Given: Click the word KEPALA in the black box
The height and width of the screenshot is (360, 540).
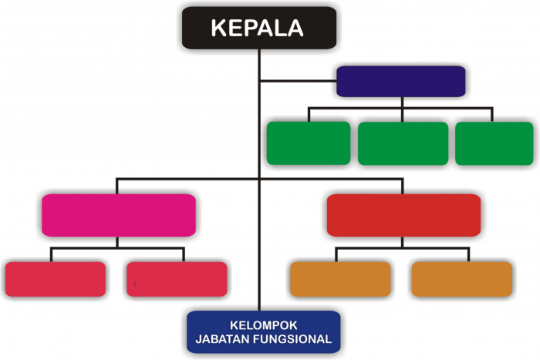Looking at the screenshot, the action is [257, 28].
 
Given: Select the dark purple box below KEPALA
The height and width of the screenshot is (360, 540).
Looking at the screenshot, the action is [401, 81].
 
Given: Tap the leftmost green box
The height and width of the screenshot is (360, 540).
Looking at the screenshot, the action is [309, 143].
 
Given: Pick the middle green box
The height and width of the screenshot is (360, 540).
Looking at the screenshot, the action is [403, 143].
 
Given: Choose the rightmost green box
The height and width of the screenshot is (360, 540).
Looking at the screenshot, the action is [494, 143].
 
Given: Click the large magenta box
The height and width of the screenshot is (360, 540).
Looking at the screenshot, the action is [119, 215].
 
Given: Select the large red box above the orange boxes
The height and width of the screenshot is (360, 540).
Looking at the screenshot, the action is [403, 215].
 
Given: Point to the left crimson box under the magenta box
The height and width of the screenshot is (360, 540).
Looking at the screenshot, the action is [56, 279].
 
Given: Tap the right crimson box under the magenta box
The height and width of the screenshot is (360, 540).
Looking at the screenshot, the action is [177, 279].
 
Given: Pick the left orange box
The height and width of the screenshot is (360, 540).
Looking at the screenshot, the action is [340, 279].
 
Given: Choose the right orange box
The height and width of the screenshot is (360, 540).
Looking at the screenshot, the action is [462, 279].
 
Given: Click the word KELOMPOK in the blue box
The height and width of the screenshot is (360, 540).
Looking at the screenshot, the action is [264, 325].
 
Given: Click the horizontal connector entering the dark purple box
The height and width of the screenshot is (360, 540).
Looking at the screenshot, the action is [299, 81].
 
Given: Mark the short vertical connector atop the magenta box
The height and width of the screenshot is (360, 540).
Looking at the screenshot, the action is [117, 187].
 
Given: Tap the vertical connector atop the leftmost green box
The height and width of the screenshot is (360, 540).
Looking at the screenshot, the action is [309, 115].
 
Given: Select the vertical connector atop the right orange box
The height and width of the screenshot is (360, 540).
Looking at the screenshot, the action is [469, 254].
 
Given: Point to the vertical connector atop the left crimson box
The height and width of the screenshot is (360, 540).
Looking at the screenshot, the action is [52, 254].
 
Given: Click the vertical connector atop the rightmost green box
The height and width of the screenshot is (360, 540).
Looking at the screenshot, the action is [492, 115].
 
